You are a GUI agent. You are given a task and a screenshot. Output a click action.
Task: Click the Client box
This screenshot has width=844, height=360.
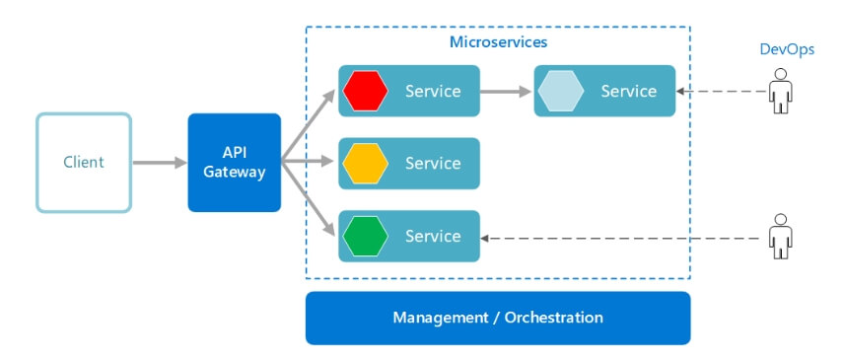84,163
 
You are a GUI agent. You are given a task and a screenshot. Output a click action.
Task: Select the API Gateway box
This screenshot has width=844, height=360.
235,163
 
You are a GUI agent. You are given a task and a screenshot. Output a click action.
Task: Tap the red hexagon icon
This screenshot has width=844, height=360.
366,92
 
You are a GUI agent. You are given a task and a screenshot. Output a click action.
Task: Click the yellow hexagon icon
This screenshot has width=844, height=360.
366,164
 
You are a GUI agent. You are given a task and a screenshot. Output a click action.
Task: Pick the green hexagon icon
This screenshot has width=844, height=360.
366,236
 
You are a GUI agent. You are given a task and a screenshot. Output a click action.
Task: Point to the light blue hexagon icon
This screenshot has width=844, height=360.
561,92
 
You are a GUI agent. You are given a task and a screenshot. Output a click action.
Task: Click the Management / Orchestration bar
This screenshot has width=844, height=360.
498,318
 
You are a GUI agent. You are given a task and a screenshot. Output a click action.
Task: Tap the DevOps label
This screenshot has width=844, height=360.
787,49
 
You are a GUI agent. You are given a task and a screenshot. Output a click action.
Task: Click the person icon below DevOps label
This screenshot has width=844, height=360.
782,91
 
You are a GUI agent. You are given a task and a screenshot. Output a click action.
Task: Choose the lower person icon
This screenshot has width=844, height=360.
782,236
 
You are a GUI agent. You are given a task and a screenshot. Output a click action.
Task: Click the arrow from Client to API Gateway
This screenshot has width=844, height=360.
159,163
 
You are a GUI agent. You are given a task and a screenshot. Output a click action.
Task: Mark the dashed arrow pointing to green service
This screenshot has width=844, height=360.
621,237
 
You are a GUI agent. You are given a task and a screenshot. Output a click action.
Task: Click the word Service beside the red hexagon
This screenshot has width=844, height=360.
433,92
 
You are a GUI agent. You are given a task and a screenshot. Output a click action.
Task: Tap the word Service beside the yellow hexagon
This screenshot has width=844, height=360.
433,164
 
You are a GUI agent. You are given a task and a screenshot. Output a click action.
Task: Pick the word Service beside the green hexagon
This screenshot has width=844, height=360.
433,236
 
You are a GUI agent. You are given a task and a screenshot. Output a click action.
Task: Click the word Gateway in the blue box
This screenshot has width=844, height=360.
235,173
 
